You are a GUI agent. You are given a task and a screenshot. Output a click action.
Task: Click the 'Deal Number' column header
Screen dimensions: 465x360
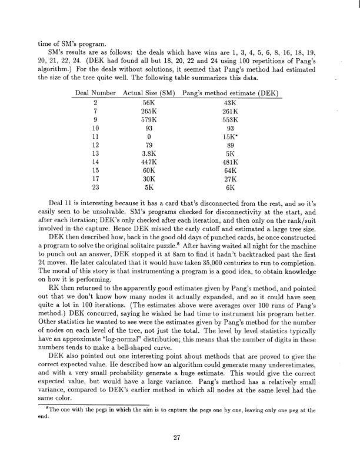click(x=95, y=93)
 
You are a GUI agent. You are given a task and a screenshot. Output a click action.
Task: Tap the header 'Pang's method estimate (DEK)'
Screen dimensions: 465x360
click(x=230, y=93)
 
